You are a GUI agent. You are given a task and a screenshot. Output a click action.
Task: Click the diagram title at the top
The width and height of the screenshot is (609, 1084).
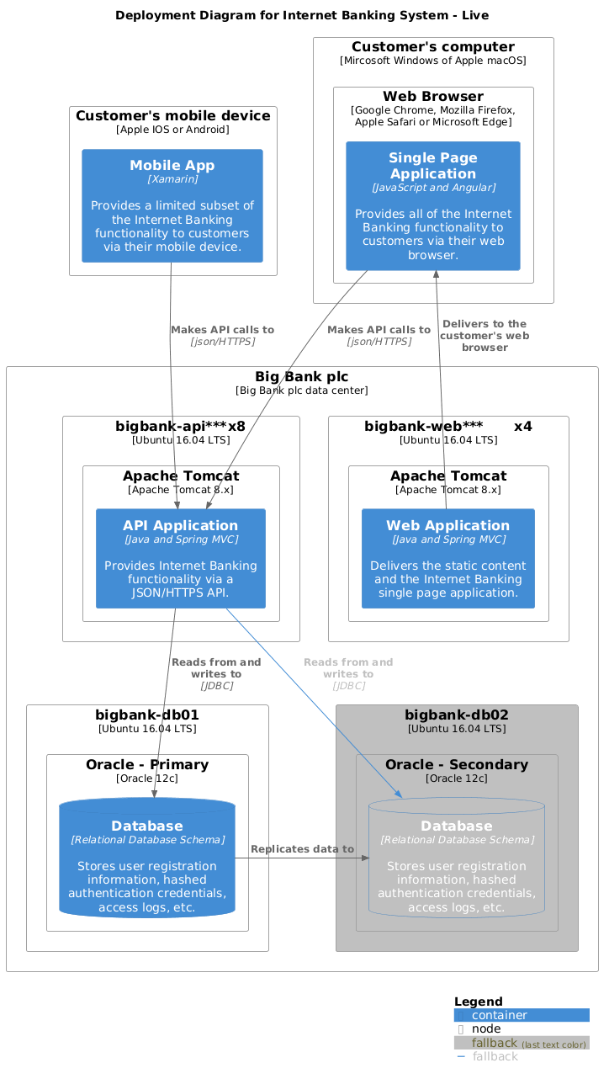point(302,15)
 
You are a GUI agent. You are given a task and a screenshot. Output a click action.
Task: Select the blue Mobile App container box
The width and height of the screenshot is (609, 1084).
point(172,206)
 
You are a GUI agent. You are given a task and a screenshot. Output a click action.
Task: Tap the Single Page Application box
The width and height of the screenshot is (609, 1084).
point(433,206)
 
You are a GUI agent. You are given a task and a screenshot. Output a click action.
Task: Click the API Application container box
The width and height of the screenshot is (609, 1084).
point(181,558)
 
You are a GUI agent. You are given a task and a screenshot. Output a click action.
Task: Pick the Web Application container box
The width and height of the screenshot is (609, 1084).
point(448,558)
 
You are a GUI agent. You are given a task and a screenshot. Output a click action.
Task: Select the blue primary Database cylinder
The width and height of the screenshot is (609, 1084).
point(147,858)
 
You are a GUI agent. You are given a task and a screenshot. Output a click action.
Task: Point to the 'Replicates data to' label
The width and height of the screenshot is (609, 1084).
point(302,849)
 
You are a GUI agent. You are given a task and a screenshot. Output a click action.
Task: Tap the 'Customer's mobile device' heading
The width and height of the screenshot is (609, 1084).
point(172,116)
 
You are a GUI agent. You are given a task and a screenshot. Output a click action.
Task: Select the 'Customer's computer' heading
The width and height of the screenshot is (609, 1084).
point(433,47)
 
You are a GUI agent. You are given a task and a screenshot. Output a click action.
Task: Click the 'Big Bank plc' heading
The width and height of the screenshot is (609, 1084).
point(302,376)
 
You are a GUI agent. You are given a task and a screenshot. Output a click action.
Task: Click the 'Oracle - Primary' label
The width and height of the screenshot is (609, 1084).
point(147,765)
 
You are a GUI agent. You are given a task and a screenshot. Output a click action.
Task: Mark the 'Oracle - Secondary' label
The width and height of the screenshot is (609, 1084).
point(457,765)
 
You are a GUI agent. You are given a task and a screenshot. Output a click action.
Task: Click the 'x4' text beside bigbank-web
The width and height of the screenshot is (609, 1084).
point(522,427)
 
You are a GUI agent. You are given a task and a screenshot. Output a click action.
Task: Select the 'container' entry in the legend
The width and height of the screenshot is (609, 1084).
point(500,1015)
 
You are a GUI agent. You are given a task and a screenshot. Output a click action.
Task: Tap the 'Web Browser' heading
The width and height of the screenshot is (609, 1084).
point(433,97)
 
